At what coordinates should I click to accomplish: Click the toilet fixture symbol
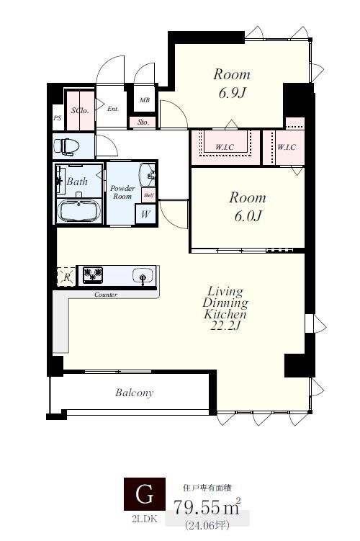tap(66, 146)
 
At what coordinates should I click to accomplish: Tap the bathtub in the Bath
tap(79, 210)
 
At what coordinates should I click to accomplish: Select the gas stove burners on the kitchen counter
tap(93, 275)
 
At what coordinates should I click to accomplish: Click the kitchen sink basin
tap(143, 275)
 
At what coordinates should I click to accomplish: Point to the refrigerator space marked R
tap(66, 277)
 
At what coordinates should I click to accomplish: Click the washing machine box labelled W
tap(145, 214)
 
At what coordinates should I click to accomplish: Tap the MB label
tap(145, 100)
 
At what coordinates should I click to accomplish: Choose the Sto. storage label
tap(143, 122)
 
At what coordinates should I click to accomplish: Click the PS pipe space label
tap(58, 117)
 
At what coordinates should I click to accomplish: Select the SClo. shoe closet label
tap(80, 110)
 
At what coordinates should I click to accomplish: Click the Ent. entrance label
tap(113, 109)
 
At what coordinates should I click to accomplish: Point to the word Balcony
tap(134, 393)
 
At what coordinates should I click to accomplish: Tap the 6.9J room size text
tap(233, 93)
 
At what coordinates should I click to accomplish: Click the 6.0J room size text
tap(248, 216)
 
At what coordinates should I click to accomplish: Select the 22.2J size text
tap(225, 326)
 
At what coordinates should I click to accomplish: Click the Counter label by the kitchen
tap(106, 295)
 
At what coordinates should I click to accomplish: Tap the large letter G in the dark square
tap(145, 494)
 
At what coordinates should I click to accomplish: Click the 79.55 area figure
tap(197, 508)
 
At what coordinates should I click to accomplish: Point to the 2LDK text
tap(145, 519)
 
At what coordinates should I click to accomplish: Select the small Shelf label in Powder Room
tap(148, 195)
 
